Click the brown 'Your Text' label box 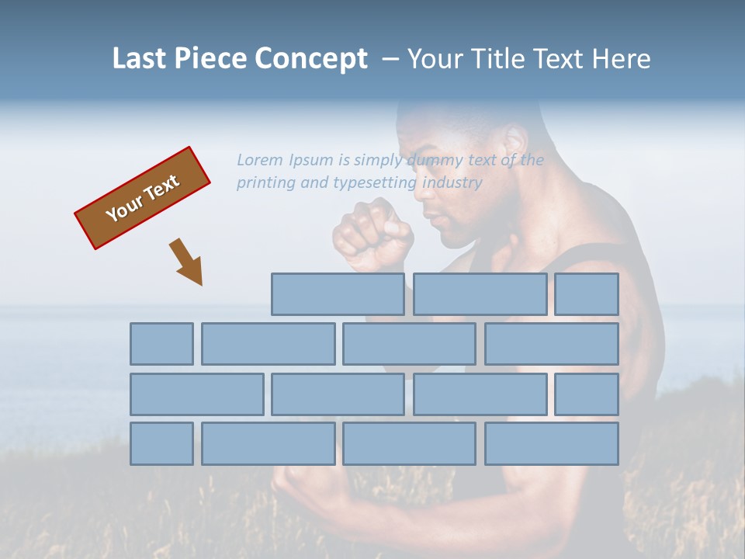pyautogui.click(x=143, y=198)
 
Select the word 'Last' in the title pyautogui.click(x=140, y=58)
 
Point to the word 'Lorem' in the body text pyautogui.click(x=260, y=160)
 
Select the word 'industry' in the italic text pyautogui.click(x=452, y=183)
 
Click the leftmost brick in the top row pyautogui.click(x=338, y=294)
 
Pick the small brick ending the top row pyautogui.click(x=587, y=294)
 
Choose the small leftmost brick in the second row pyautogui.click(x=161, y=344)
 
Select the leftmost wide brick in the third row pyautogui.click(x=196, y=394)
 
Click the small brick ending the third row pyautogui.click(x=587, y=394)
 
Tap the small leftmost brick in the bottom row pyautogui.click(x=161, y=444)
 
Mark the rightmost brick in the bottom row pyautogui.click(x=552, y=444)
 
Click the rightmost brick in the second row pyautogui.click(x=552, y=344)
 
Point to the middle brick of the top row pyautogui.click(x=480, y=294)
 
